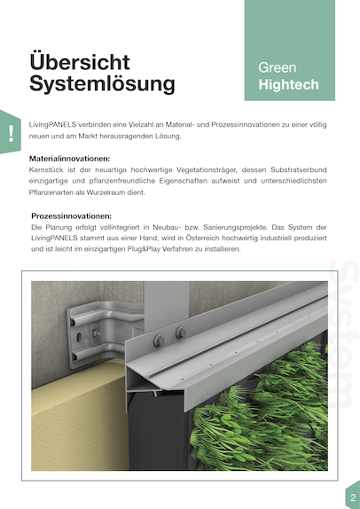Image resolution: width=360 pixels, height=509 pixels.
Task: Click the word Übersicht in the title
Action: (x=80, y=61)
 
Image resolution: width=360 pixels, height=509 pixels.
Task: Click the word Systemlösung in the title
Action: (x=102, y=83)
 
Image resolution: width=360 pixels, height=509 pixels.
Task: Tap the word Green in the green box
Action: (x=278, y=67)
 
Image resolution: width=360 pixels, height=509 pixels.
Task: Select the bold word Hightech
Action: (x=288, y=84)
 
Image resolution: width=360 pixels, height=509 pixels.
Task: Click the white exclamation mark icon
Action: (x=12, y=133)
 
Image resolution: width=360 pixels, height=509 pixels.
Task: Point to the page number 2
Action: (x=353, y=497)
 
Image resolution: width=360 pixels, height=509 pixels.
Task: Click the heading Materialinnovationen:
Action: (x=70, y=159)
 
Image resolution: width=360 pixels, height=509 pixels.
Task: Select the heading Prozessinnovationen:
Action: (x=72, y=215)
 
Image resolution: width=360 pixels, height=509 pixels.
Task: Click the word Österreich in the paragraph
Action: (x=202, y=238)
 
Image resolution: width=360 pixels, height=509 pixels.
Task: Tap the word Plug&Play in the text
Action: (x=142, y=249)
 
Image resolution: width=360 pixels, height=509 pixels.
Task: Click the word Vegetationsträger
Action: (x=207, y=169)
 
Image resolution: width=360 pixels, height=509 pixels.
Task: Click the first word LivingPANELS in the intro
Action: (x=52, y=125)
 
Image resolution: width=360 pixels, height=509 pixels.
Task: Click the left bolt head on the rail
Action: (x=159, y=341)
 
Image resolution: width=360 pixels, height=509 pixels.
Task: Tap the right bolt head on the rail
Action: (x=181, y=333)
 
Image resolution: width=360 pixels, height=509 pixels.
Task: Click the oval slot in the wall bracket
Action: (x=79, y=339)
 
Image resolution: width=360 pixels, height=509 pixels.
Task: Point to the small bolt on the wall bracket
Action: (x=96, y=333)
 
